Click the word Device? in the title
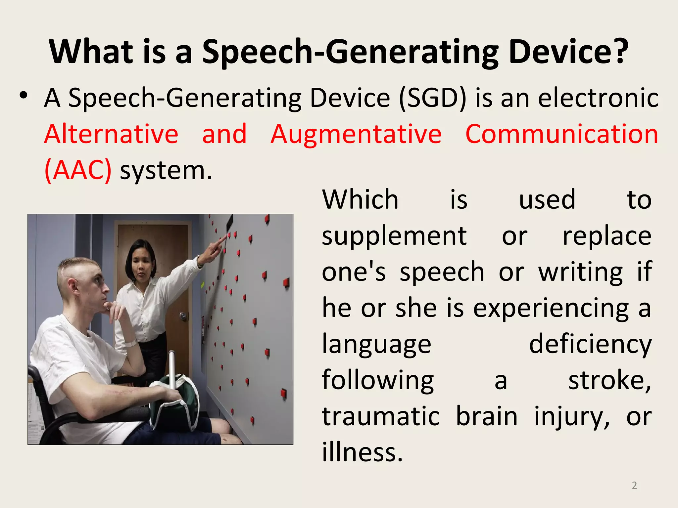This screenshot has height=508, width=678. [x=568, y=52]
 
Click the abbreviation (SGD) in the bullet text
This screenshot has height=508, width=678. [x=433, y=98]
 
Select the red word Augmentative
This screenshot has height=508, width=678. [x=356, y=134]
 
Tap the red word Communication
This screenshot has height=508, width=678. [x=562, y=134]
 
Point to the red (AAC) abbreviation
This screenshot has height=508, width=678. [x=78, y=170]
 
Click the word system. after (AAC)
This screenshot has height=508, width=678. [x=166, y=171]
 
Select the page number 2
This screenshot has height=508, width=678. [x=634, y=485]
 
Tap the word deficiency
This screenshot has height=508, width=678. [x=590, y=344]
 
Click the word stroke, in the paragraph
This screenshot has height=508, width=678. [x=609, y=380]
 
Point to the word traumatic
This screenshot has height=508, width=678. [x=381, y=416]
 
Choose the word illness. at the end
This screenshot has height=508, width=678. [x=363, y=452]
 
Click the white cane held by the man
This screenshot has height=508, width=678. [x=172, y=367]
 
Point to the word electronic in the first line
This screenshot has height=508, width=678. [x=598, y=98]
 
